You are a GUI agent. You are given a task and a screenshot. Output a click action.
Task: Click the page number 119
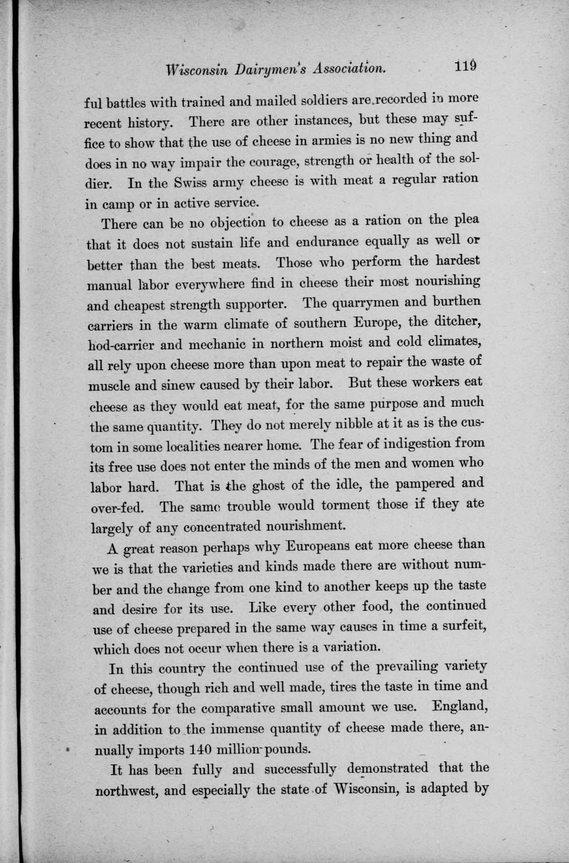(x=467, y=67)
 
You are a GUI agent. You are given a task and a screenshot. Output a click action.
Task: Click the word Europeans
(x=319, y=545)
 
